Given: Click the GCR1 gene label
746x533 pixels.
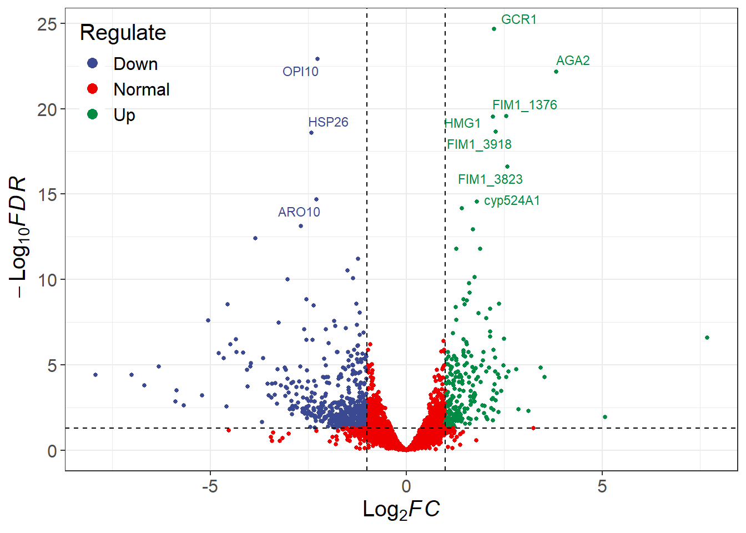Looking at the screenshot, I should tap(518, 19).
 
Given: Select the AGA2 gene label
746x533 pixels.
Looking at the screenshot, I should tap(573, 61).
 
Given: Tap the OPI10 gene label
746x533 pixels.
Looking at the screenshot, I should tap(300, 72).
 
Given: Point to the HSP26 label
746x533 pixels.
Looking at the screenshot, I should tap(328, 122).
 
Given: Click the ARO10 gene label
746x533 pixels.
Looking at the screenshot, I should tap(299, 212).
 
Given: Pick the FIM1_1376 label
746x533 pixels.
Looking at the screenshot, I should tap(525, 105).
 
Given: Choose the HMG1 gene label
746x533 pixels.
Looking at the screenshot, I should tap(462, 123).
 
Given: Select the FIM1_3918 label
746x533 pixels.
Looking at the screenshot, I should tap(479, 144).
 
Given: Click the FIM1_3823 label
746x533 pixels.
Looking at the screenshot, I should tap(490, 179).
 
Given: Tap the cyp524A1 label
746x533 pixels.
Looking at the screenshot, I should tap(512, 200).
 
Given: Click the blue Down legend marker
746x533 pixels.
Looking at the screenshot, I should tap(93, 63).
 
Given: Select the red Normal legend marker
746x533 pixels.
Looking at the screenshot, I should tap(93, 89).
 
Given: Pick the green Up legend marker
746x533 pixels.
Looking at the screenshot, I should tap(93, 114).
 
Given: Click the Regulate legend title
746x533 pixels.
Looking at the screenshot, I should tap(123, 33).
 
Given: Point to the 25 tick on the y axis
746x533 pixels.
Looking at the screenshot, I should tap(48, 24).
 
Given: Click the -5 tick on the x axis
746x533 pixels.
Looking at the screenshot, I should tap(210, 486).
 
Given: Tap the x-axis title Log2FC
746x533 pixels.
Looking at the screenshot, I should tap(401, 510).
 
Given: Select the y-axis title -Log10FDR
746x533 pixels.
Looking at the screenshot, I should tap(18, 237).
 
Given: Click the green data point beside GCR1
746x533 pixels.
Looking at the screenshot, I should tap(494, 29).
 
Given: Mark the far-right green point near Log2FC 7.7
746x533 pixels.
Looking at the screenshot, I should tap(707, 338).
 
